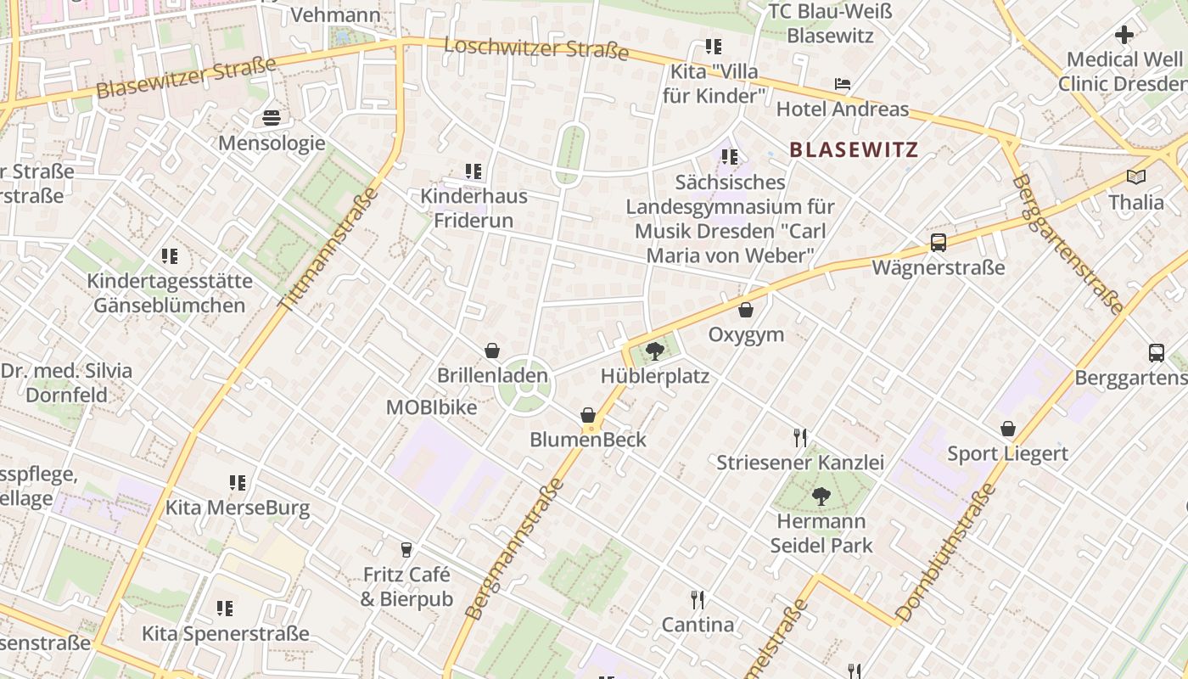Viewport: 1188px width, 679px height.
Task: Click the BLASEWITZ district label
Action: [x=854, y=150]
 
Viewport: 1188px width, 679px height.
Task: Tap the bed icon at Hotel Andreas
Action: [x=842, y=84]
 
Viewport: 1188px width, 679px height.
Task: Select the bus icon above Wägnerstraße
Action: [x=938, y=243]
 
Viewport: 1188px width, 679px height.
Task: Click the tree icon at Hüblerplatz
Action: [x=654, y=351]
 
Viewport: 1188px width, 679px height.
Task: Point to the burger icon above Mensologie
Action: [x=272, y=117]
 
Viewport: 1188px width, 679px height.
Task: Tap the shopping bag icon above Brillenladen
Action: [x=492, y=350]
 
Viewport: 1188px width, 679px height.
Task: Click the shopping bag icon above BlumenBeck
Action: [x=588, y=415]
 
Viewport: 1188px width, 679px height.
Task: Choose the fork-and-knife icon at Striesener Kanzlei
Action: [x=799, y=438]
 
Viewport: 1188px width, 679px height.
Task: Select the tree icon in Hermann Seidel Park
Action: [x=821, y=496]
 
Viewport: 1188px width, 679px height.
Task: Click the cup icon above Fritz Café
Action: [x=406, y=550]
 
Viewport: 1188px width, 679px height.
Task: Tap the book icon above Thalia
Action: [x=1135, y=177]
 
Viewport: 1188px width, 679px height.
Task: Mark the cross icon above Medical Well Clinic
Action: [x=1124, y=35]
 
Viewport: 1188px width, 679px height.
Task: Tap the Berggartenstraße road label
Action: [x=1067, y=244]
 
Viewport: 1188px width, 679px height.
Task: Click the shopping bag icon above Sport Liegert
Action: [x=1008, y=429]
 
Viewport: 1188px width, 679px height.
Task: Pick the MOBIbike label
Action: [x=431, y=407]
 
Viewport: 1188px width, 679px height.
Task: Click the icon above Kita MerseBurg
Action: [x=238, y=483]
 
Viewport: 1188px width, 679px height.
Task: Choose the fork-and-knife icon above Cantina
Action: [x=698, y=600]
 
